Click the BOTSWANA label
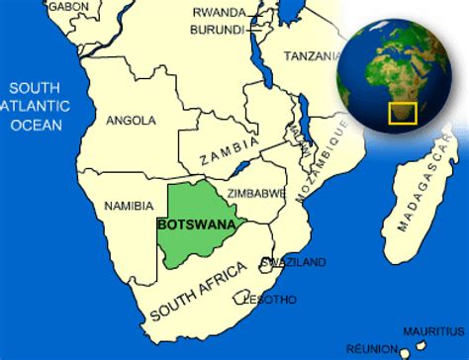[x=196, y=224]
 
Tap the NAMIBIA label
[x=129, y=206]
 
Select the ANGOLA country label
[x=131, y=121]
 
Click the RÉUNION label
[x=372, y=348]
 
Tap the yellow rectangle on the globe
[x=404, y=113]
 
